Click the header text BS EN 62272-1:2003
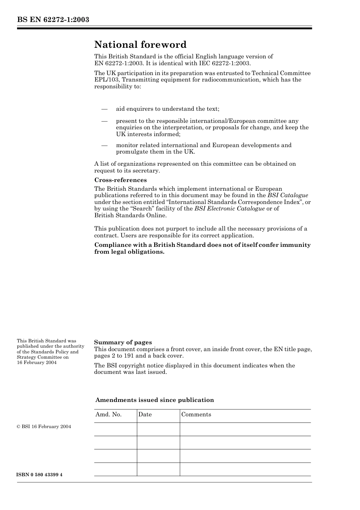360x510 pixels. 53,20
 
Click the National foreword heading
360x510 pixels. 140,45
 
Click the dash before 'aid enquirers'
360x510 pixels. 105,109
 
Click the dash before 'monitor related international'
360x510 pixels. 105,145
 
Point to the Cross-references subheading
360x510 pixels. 120,180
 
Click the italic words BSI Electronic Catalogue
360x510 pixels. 229,209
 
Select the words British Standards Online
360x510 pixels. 130,215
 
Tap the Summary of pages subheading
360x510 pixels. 123,342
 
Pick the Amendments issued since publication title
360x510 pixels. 155,400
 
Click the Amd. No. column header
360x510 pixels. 108,414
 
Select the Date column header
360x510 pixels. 145,414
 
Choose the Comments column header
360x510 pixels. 196,414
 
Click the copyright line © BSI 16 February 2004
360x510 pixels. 44,427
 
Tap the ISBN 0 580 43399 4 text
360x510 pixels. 39,475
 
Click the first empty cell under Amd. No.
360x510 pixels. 115,429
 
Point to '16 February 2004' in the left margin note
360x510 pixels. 36,362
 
